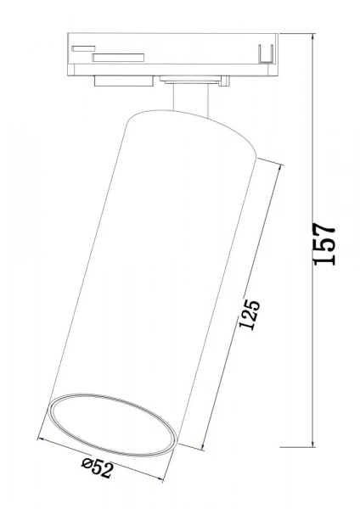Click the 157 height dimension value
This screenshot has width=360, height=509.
325,245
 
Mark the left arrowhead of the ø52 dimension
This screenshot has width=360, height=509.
40,439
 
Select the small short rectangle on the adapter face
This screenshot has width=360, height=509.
83,49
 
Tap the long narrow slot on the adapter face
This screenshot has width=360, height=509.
118,59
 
